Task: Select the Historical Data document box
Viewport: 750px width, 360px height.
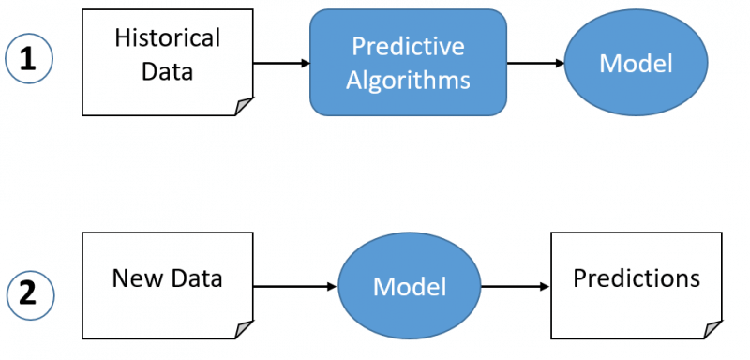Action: click(x=168, y=62)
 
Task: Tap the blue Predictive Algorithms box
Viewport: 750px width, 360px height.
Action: click(x=408, y=63)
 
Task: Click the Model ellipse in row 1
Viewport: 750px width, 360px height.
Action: click(x=637, y=63)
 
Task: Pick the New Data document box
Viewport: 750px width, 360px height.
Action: click(x=168, y=285)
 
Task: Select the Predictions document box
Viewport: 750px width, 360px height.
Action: click(x=637, y=285)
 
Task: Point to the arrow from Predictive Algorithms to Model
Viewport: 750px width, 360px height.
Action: click(x=535, y=63)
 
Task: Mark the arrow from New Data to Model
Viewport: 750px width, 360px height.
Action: click(x=294, y=286)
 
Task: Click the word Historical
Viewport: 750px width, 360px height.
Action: click(x=168, y=38)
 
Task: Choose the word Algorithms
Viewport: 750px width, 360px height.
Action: click(x=408, y=80)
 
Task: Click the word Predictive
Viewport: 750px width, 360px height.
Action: click(x=408, y=45)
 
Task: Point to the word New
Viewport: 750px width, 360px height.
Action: click(x=132, y=278)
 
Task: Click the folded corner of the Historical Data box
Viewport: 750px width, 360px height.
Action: click(x=245, y=107)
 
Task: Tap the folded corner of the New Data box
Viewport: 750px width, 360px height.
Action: click(x=245, y=329)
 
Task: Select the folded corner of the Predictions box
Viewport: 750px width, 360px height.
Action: click(x=713, y=329)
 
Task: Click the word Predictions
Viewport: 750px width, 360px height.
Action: click(x=637, y=278)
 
